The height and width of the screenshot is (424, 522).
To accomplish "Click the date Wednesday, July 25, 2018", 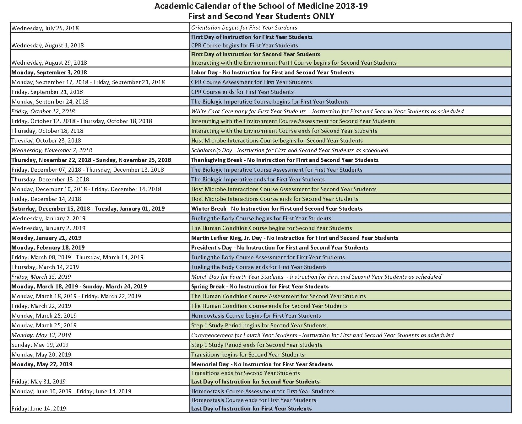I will pos(45,28).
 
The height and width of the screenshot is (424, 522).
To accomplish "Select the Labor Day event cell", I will pos(272,72).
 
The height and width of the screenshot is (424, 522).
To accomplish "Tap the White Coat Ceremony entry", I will pos(327,111).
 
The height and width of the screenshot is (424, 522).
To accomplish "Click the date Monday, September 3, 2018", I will pos(49,72).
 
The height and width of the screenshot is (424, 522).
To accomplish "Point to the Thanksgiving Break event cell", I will pos(285,160).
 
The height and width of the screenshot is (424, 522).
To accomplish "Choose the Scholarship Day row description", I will pos(290,150).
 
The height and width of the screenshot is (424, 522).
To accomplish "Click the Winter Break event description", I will pos(277,209).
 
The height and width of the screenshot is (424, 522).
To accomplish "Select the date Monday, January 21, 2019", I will pos(46,238).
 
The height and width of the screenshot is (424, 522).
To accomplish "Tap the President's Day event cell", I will pos(280,248).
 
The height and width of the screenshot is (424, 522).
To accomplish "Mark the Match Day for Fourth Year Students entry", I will pos(316,277).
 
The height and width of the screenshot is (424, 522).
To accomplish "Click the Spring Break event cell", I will pos(260,287).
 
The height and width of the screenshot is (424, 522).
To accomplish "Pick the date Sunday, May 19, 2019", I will pos(40,345).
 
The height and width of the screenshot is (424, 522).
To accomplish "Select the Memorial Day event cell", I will pos(262,364).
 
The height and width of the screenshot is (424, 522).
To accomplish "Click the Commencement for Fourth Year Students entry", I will pos(322,335).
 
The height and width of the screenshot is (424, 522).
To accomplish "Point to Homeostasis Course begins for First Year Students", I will pos(256,316).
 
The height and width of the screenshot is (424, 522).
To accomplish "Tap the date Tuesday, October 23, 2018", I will pos(46,141).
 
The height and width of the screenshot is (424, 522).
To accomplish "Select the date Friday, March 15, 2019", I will pos(41,277).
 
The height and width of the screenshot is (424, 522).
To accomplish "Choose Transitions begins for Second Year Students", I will pos(247,355).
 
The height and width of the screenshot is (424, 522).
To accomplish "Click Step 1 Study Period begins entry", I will pos(259,325).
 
